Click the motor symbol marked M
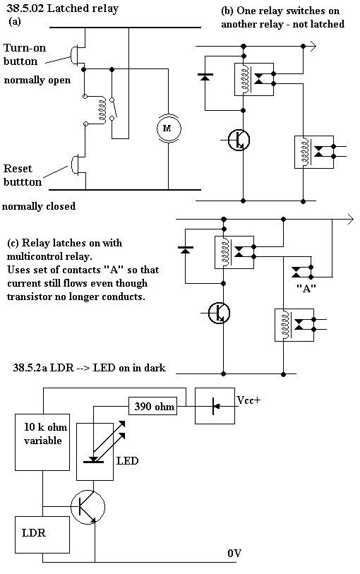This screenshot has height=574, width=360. (167, 128)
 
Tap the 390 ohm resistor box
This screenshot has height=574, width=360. (153, 406)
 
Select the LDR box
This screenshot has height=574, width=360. (42, 534)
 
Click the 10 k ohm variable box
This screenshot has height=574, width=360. (42, 442)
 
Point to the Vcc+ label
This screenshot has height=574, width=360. (248, 400)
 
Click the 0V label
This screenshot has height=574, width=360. (234, 553)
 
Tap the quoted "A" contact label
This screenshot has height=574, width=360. (306, 289)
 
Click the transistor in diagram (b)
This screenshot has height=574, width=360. (239, 140)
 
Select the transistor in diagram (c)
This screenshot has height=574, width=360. (219, 313)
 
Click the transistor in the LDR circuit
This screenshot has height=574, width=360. (88, 507)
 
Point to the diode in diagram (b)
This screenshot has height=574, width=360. (205, 77)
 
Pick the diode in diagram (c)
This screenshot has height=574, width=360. (186, 250)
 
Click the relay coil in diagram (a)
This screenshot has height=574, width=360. (102, 110)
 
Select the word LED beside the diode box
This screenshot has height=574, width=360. (127, 460)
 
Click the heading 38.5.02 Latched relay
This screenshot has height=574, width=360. (63, 8)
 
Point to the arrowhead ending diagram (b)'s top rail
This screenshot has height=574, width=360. (313, 47)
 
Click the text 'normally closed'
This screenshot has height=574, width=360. (39, 206)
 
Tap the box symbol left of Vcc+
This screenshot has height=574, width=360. (215, 406)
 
